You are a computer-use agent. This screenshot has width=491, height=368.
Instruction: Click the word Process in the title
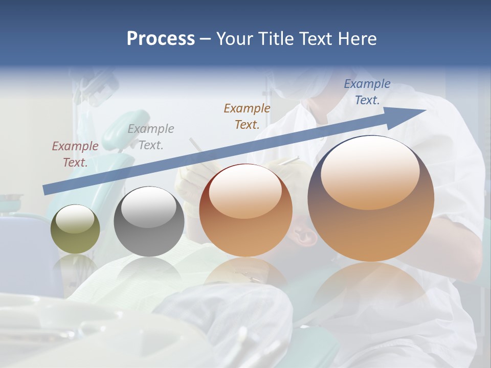coord(161,38)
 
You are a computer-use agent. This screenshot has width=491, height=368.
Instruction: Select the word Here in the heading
coord(357,38)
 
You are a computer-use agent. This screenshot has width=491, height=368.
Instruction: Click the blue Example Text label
coord(367,92)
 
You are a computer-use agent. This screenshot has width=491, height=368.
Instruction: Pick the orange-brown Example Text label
coord(247,116)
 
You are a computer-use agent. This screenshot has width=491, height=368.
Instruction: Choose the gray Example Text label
coord(151,137)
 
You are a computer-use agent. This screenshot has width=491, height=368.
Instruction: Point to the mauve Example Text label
coord(75,154)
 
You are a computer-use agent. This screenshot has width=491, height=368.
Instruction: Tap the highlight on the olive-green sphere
coord(75,219)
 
